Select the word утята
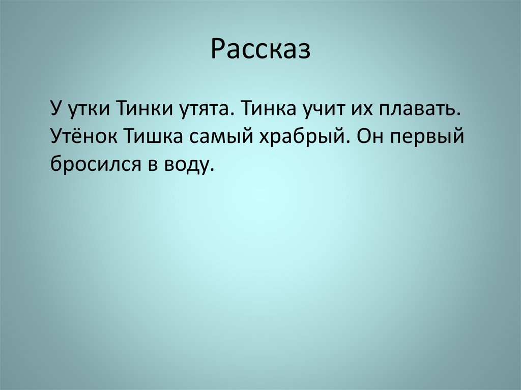coord(202,110)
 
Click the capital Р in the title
coord(217,50)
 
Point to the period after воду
coord(208,170)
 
